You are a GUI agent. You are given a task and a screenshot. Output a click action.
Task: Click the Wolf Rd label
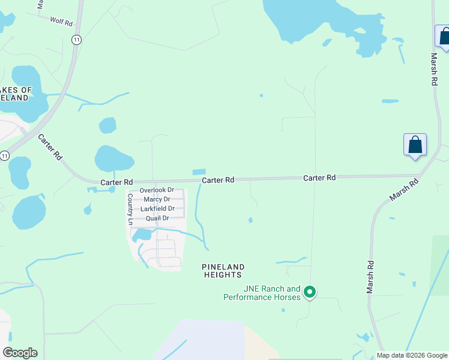[61, 21]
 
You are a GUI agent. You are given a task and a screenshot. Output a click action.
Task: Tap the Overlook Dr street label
[157, 190]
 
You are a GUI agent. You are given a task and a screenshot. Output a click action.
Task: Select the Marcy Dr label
[157, 199]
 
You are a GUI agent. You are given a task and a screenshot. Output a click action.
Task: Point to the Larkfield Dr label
[157, 209]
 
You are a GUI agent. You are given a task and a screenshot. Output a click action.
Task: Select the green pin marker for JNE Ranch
[310, 292]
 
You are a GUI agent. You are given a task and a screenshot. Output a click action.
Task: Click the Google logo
[20, 353]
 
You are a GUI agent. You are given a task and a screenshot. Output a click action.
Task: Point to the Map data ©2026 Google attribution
[412, 355]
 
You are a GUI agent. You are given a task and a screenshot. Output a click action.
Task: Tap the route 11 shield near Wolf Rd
[76, 39]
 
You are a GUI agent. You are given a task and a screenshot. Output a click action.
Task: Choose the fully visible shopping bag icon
[415, 145]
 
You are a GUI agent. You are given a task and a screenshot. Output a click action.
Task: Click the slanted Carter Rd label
[50, 147]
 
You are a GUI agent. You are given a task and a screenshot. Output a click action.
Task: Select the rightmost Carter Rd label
[319, 178]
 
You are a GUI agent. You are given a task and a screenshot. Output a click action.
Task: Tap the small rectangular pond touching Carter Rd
[199, 172]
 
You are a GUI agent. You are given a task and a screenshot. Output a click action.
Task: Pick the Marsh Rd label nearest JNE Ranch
[370, 276]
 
